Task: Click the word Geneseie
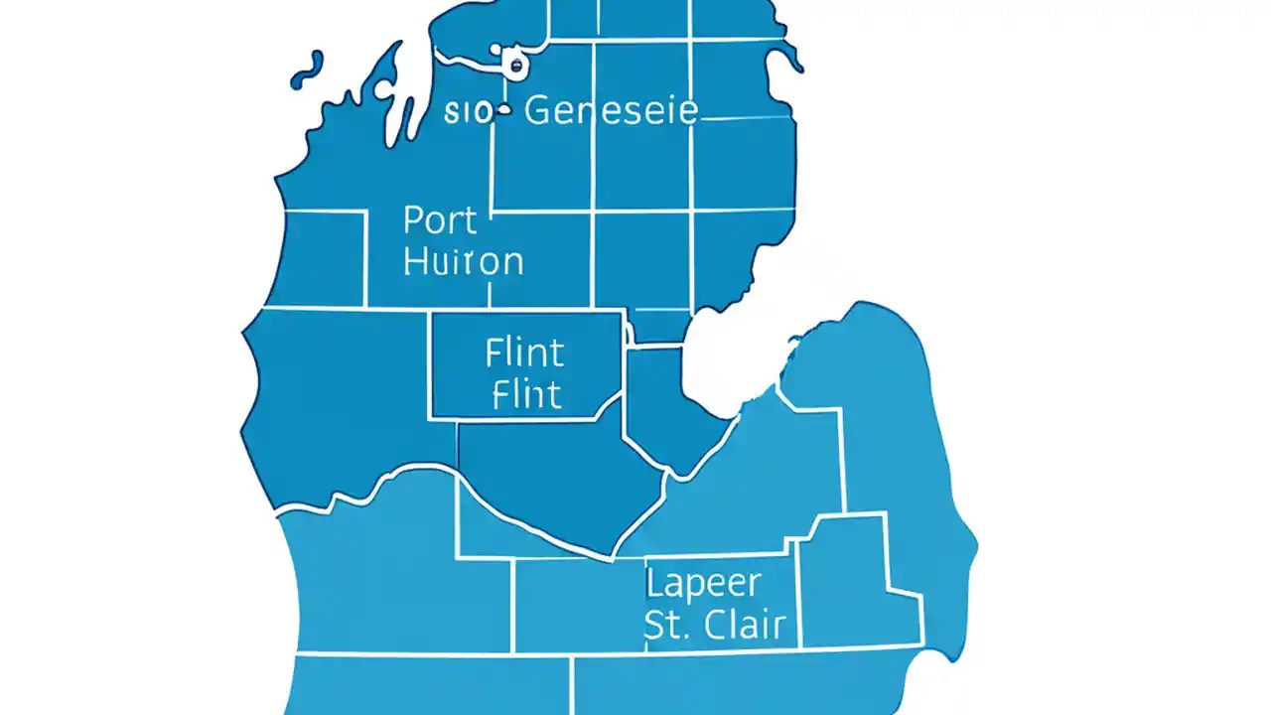pyautogui.click(x=611, y=110)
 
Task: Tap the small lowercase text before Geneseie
pyautogui.click(x=467, y=112)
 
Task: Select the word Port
pyautogui.click(x=441, y=219)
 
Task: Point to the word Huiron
pyautogui.click(x=464, y=261)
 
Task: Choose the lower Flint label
pyautogui.click(x=526, y=394)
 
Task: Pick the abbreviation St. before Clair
pyautogui.click(x=666, y=625)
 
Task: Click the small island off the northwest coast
pyautogui.click(x=308, y=72)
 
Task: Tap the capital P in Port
pyautogui.click(x=414, y=219)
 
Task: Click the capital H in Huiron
pyautogui.click(x=417, y=261)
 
